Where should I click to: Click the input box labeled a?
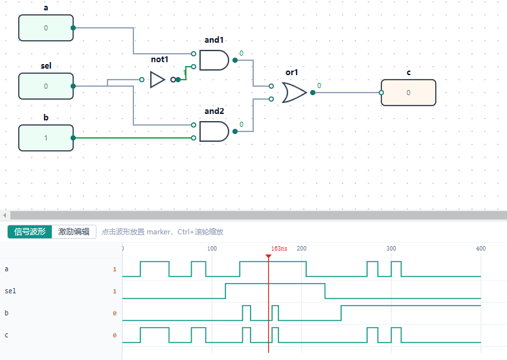(x=46, y=28)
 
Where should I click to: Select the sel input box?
(x=46, y=86)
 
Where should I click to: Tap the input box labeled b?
(x=46, y=138)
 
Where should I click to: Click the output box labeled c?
(x=409, y=93)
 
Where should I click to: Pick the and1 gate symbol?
(x=214, y=60)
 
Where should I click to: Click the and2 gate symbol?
(x=214, y=131)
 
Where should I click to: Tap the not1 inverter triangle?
(x=157, y=80)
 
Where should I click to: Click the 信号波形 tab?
(x=30, y=232)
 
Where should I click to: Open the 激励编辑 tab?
(x=74, y=232)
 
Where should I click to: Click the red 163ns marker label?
(x=279, y=249)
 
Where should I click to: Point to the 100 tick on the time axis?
(x=212, y=249)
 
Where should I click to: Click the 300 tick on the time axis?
(x=391, y=249)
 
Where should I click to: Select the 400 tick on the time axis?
(x=481, y=249)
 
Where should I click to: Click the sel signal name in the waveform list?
(x=10, y=291)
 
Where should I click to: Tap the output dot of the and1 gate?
(x=235, y=60)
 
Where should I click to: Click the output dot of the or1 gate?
(x=313, y=93)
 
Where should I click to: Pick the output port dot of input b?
(x=73, y=138)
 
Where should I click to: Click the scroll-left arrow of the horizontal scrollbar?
(x=5, y=215)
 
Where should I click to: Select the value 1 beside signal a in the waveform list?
(x=115, y=269)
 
